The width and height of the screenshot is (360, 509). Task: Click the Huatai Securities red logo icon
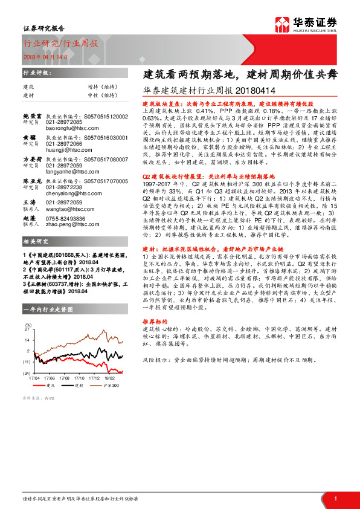283,24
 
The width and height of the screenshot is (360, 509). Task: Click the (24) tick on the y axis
27,373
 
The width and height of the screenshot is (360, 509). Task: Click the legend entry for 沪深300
114,385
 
